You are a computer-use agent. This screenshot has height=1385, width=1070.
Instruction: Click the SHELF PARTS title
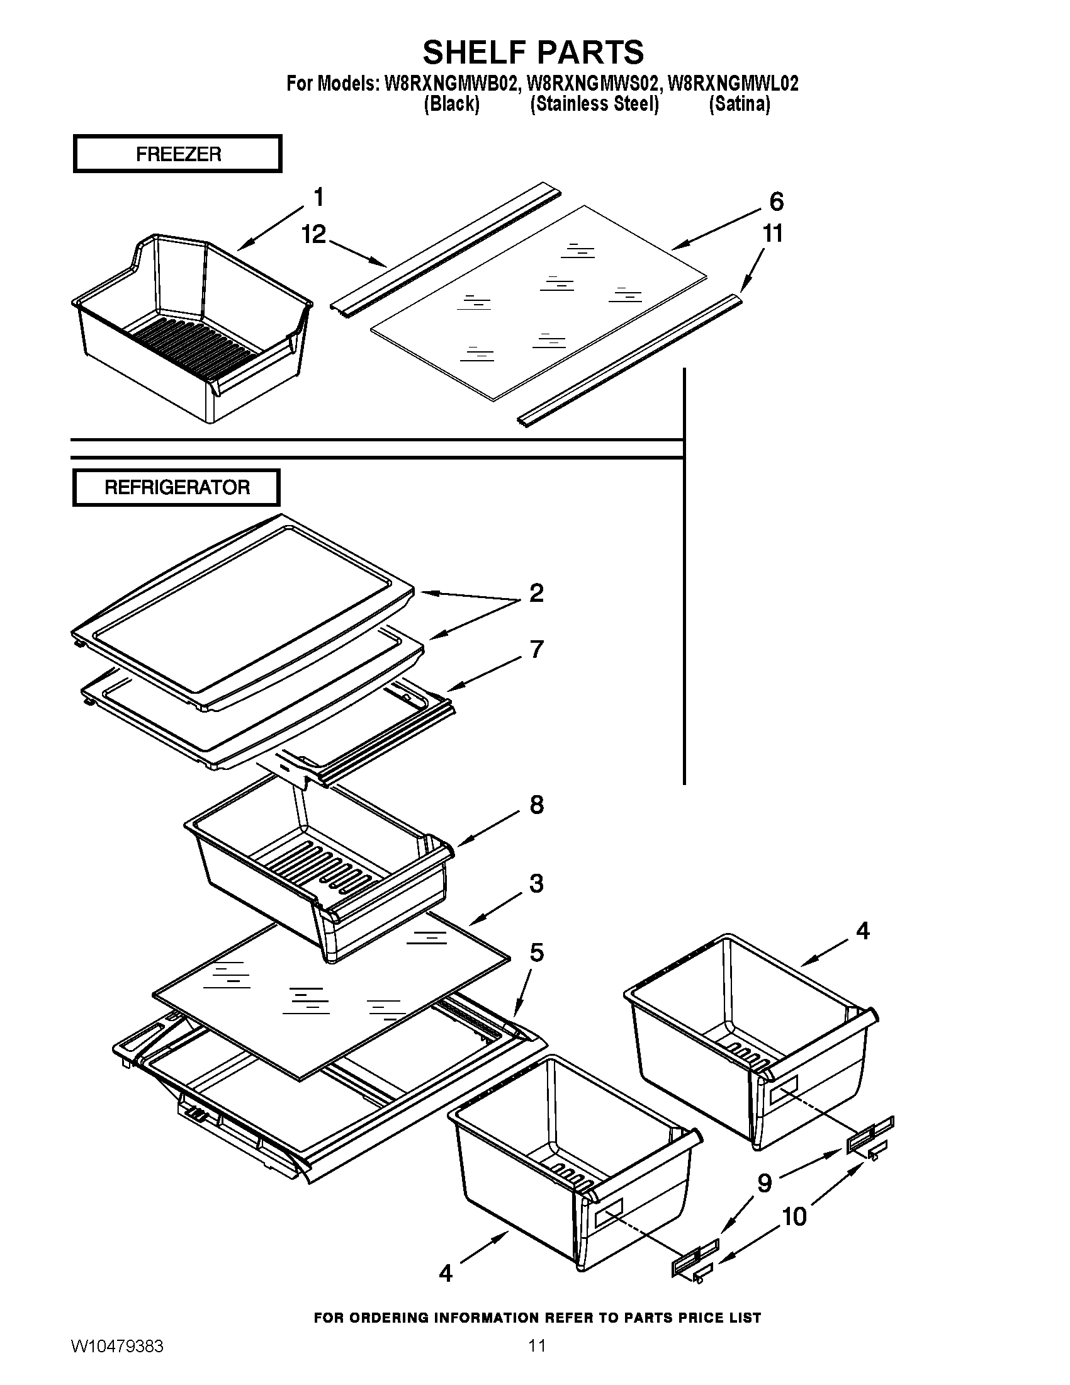533,52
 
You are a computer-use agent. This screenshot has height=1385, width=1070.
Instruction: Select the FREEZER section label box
177,154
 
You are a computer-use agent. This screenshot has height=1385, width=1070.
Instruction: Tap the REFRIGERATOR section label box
176,487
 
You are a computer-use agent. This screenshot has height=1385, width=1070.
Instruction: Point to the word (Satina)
739,104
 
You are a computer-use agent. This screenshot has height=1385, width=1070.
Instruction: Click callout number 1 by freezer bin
319,197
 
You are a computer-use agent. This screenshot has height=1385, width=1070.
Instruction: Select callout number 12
313,234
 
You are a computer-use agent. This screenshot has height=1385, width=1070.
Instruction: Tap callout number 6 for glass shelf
777,201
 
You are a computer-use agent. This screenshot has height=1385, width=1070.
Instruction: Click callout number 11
772,234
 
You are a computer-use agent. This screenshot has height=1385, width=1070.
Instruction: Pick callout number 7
537,650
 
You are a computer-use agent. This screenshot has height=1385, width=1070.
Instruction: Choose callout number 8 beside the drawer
536,805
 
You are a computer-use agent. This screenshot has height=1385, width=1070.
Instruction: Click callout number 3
536,883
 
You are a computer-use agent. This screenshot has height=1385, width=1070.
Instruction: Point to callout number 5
536,953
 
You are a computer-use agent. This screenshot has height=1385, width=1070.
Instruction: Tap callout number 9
765,1183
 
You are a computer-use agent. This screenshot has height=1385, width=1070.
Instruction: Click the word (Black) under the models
451,104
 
